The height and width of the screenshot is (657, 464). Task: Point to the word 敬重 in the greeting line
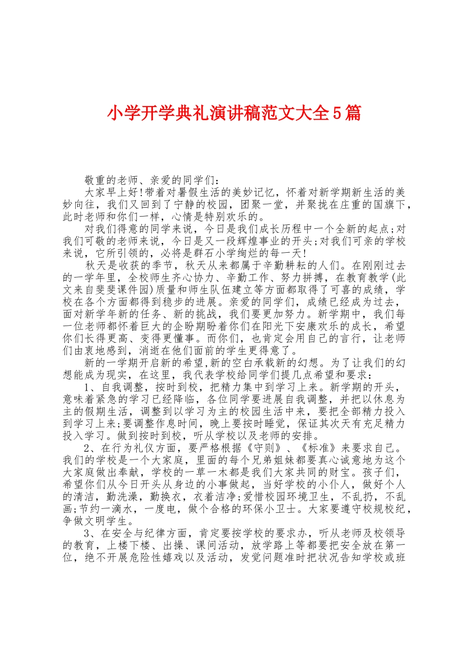[96, 180]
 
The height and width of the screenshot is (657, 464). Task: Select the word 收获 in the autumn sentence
[129, 265]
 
